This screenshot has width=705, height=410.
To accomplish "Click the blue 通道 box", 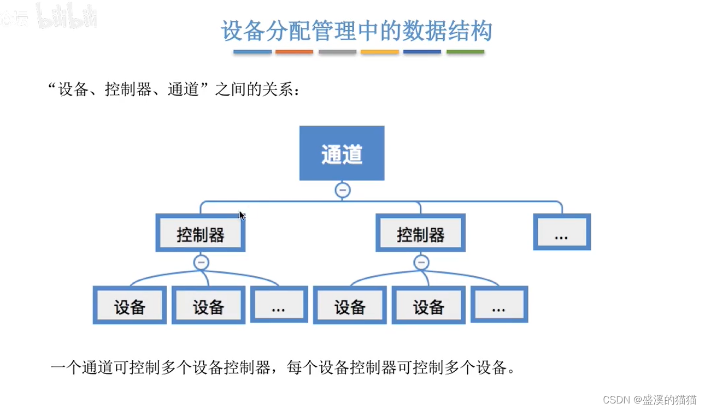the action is (342, 153).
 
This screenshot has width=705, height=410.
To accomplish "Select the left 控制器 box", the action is (201, 233).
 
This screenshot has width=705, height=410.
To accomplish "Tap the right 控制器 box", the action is (420, 233).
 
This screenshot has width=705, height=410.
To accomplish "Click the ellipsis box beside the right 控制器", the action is (562, 232).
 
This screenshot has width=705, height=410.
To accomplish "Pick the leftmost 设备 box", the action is (130, 305).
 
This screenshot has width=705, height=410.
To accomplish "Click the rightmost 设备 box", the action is (428, 305).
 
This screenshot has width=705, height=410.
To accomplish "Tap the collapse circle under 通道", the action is (343, 190).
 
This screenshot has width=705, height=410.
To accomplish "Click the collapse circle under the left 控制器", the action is (201, 262).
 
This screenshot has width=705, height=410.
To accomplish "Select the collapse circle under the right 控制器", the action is (421, 262).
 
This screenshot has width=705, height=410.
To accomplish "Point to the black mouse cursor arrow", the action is (242, 216).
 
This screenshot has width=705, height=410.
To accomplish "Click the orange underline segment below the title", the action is (294, 51).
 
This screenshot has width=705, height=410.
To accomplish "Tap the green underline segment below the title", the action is (465, 51).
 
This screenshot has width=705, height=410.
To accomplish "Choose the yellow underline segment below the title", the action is (380, 51).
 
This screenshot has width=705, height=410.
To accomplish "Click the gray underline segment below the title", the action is (337, 51).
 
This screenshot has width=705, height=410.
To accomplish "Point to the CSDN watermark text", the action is (650, 400).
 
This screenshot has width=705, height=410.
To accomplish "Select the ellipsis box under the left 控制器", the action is (279, 304).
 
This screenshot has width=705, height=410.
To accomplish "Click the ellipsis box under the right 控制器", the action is (499, 304).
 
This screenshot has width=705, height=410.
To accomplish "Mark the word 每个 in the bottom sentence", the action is (302, 367).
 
